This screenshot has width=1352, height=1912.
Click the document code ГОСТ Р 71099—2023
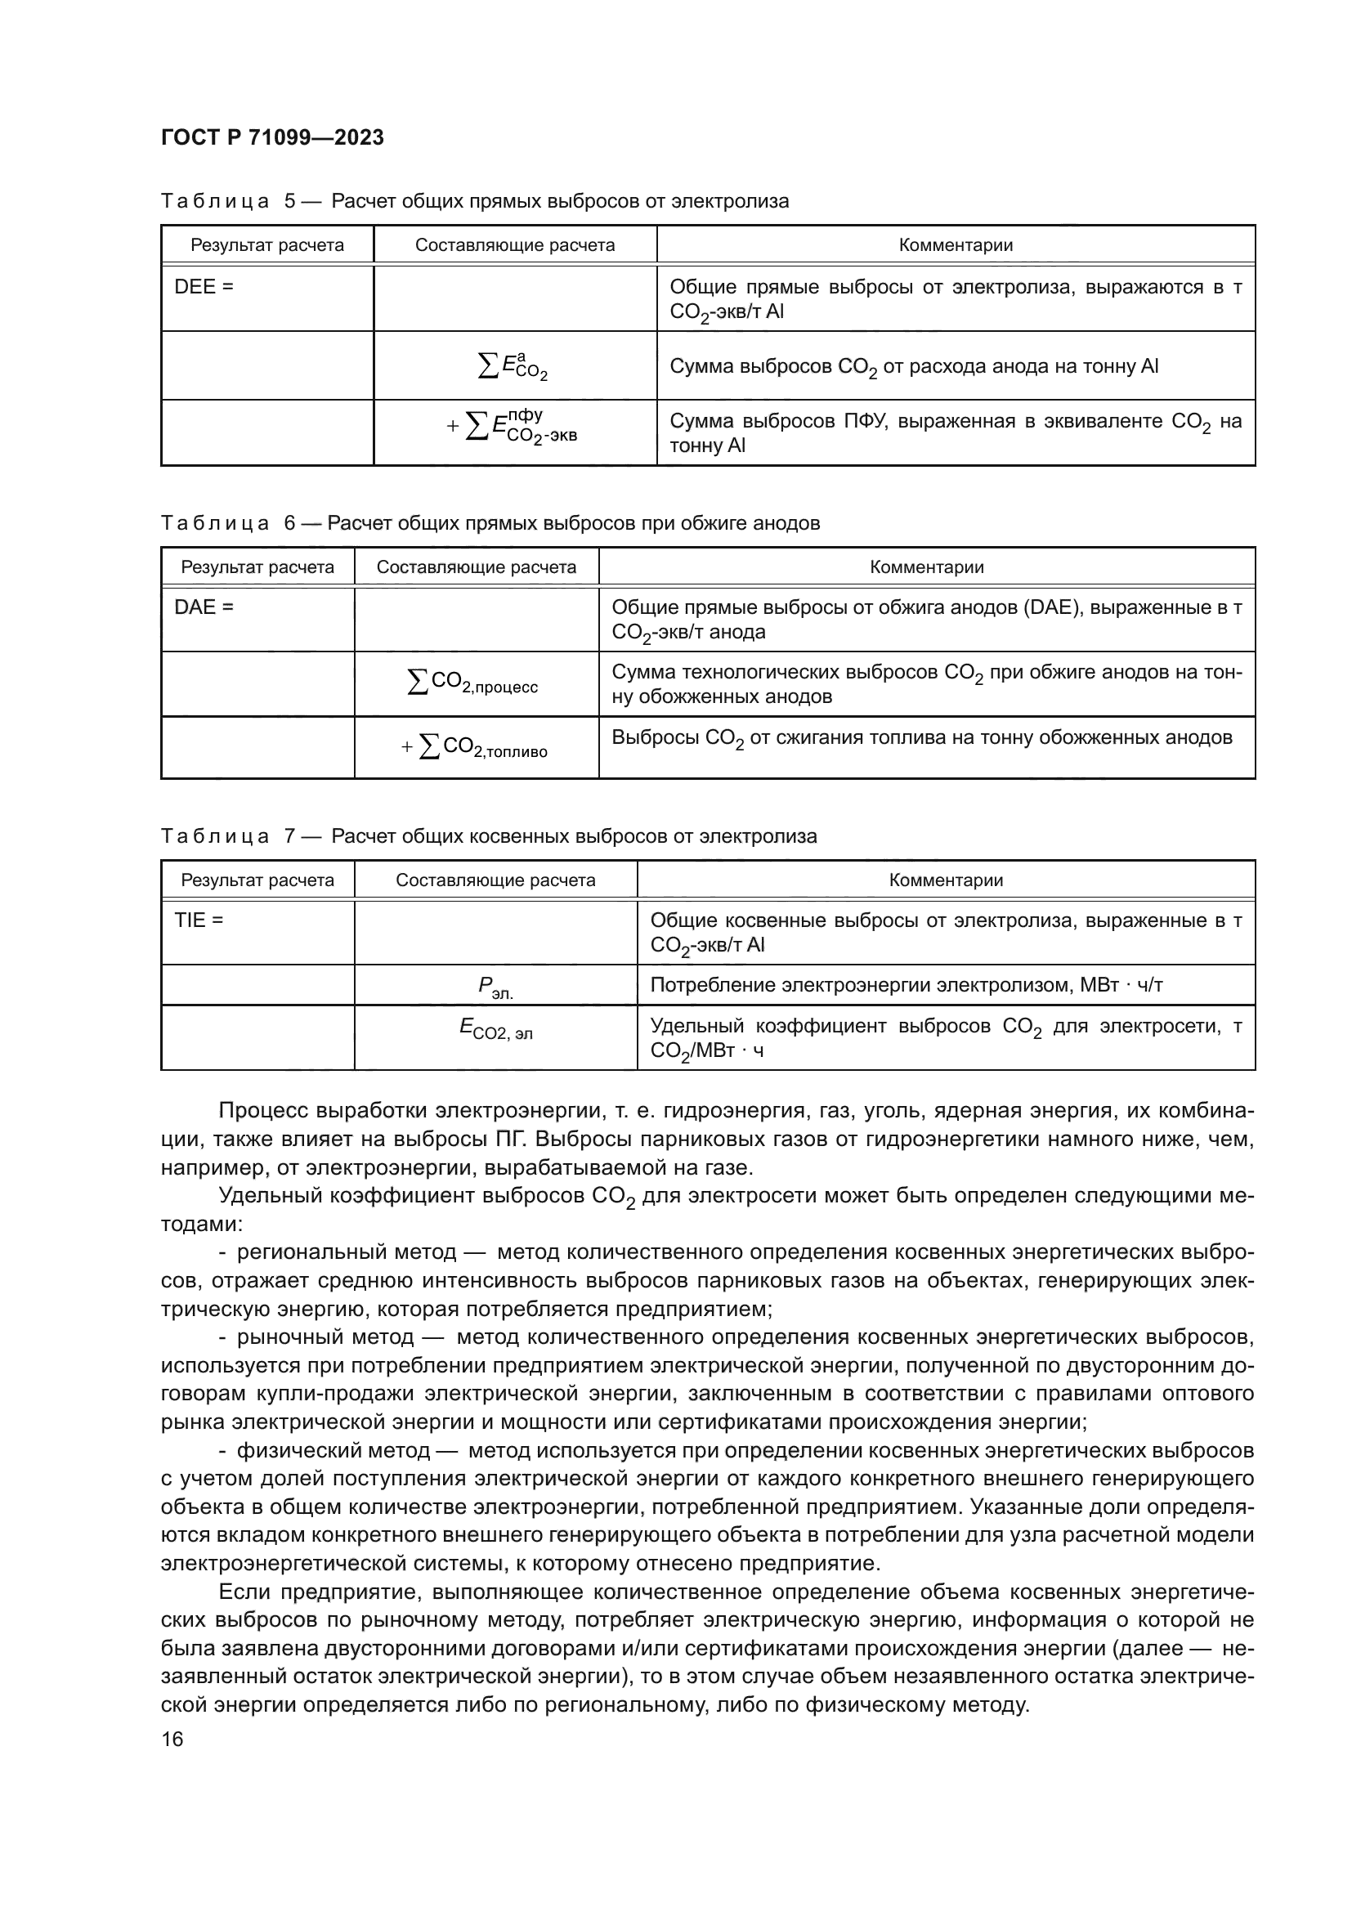tap(272, 138)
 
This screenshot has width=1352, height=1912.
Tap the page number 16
tap(172, 1739)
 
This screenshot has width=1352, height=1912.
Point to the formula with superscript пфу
tap(514, 426)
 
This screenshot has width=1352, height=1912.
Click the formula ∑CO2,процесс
tap(472, 683)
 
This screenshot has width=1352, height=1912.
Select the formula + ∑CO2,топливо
tap(475, 747)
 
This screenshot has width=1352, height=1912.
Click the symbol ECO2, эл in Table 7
tap(495, 1029)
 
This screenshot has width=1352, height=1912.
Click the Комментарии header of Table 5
tap(956, 246)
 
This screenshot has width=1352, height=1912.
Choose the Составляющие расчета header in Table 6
tap(477, 568)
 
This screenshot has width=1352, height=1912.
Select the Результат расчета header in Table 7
tap(257, 881)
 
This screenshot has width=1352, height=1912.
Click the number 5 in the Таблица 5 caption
tap(289, 202)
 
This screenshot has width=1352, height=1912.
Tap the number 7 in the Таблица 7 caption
tap(289, 837)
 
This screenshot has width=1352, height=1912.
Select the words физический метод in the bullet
tap(333, 1451)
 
